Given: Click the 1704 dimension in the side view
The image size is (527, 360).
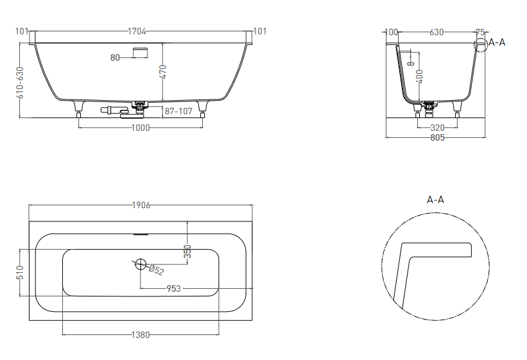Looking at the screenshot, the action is tap(137, 31).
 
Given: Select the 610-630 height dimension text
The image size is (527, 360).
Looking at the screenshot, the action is tap(20, 82).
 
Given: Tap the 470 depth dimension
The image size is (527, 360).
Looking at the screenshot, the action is tap(162, 72).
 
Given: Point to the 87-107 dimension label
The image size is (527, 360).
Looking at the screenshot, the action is tap(178, 111).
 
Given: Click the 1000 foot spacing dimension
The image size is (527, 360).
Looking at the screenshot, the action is tap(140, 128).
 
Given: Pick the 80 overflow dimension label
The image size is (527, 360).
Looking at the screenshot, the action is tap(115, 58).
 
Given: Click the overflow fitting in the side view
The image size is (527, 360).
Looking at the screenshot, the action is tap(141, 53).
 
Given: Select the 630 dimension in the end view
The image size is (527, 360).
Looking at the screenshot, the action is tap(436, 32).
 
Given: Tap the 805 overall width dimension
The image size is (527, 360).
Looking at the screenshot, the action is tap(437, 137).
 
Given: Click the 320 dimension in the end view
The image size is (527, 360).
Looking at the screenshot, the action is tap(437, 128).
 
